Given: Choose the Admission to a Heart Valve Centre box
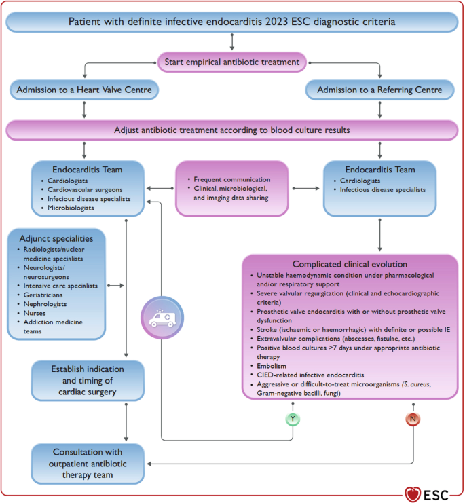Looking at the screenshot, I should click(x=85, y=90).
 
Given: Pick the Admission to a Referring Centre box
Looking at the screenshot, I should click(x=379, y=90).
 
